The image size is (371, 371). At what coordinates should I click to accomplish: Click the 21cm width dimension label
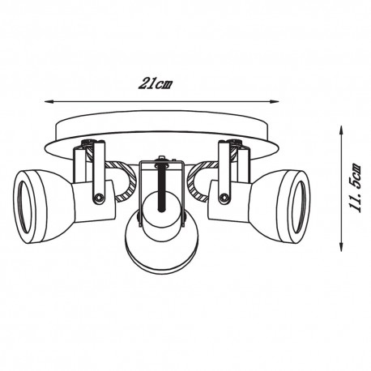click(x=156, y=84)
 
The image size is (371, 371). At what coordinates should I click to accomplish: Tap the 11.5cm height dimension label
click(x=356, y=188)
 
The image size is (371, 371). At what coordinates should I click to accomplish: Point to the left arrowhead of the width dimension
click(x=48, y=102)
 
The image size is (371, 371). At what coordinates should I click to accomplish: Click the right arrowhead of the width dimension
click(x=275, y=101)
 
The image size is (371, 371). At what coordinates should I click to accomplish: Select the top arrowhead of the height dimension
click(x=342, y=130)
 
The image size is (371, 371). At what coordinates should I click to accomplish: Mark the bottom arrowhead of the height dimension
click(x=342, y=247)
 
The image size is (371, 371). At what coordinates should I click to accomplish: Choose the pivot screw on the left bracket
click(x=98, y=198)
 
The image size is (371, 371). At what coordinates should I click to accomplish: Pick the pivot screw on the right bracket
click(x=224, y=198)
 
